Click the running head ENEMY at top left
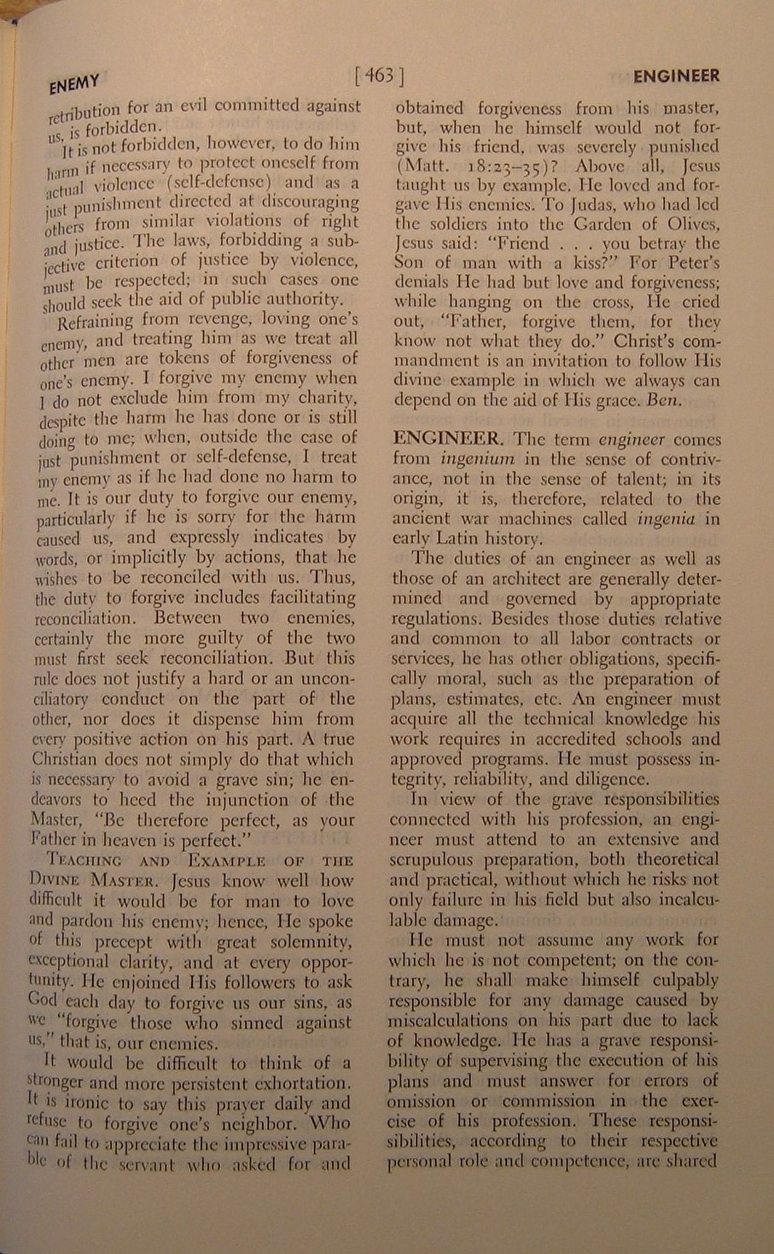pyautogui.click(x=74, y=84)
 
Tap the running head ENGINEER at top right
pyautogui.click(x=676, y=76)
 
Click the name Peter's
pyautogui.click(x=690, y=262)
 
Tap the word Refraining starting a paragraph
pyautogui.click(x=93, y=321)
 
